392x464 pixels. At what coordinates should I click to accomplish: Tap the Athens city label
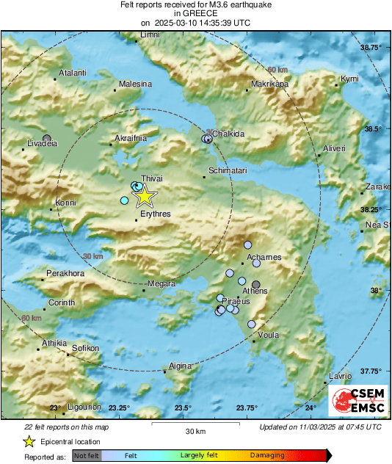coord(255,291)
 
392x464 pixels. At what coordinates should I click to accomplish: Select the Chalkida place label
coord(228,134)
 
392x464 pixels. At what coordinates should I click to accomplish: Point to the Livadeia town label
coord(42,144)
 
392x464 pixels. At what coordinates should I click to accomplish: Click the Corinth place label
coord(61,302)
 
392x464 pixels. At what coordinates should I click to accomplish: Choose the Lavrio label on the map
coord(340,376)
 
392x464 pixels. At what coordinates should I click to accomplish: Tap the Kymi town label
coord(350,79)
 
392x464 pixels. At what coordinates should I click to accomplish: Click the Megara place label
coord(161,284)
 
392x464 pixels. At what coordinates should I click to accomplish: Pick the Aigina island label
coord(180,366)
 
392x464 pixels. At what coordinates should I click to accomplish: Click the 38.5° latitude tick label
coord(374,129)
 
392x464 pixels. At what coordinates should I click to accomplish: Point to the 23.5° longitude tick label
coord(183,408)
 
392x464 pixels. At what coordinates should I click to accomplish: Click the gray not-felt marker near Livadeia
coord(48,138)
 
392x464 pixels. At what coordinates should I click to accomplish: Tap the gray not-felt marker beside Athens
coord(256,284)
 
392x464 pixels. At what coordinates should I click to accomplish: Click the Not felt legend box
coord(85,455)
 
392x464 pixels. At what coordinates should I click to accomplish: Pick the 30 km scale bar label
coord(195,431)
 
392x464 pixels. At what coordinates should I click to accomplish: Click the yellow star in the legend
coord(29,441)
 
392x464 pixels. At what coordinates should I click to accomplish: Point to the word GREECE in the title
coord(195,13)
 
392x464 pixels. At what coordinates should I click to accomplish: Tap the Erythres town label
coord(155,214)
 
